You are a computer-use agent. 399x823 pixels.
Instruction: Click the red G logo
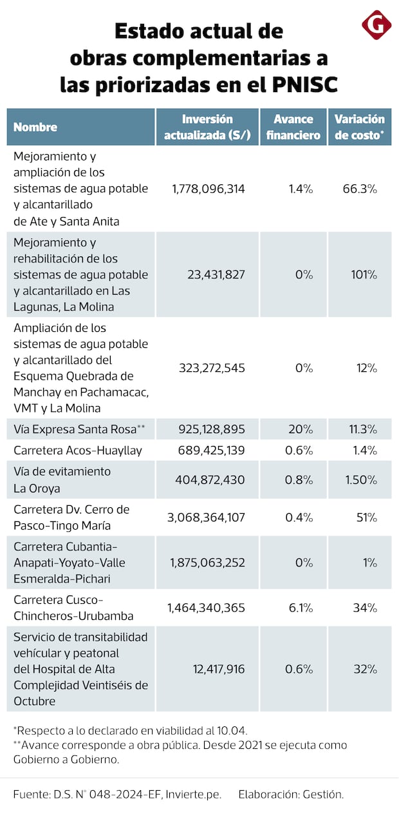click(376, 25)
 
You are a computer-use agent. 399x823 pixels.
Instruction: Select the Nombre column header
click(35, 127)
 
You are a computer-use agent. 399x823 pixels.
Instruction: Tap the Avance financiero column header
click(293, 127)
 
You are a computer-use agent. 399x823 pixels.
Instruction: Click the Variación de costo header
click(359, 127)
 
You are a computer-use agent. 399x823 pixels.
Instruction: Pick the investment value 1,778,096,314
click(209, 189)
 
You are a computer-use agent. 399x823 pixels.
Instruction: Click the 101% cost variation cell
click(364, 275)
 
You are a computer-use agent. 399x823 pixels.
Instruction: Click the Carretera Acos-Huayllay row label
click(78, 450)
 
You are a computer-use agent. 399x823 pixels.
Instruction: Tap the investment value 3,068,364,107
click(207, 518)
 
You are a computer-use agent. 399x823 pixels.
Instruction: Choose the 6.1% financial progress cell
click(299, 608)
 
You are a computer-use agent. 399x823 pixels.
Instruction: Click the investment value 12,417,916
click(219, 669)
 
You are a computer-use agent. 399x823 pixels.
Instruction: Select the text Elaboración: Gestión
click(291, 795)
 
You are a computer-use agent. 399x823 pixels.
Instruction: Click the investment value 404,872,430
click(210, 479)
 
